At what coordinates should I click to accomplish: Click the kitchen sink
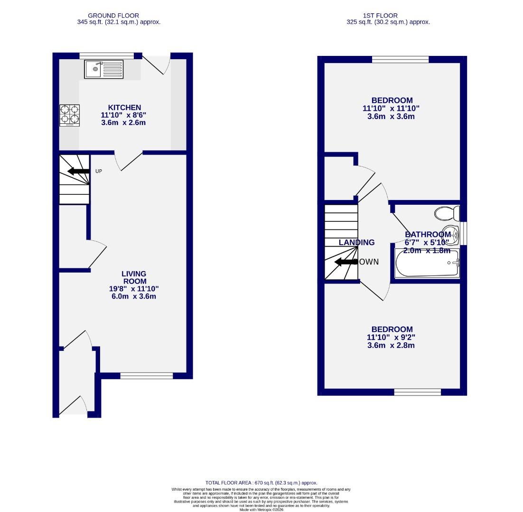pyautogui.click(x=103, y=69)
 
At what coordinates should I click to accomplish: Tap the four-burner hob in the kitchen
pyautogui.click(x=69, y=115)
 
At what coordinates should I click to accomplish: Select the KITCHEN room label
pyautogui.click(x=124, y=108)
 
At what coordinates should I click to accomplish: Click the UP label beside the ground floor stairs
pyautogui.click(x=99, y=171)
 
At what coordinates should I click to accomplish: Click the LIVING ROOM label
pyautogui.click(x=134, y=277)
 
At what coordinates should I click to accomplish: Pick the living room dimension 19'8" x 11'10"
pyautogui.click(x=134, y=289)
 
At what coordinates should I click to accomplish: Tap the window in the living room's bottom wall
pyautogui.click(x=146, y=376)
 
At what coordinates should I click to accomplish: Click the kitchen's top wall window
pyautogui.click(x=107, y=55)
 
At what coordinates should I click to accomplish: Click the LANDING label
pyautogui.click(x=356, y=242)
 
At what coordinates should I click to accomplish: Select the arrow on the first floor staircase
pyautogui.click(x=346, y=262)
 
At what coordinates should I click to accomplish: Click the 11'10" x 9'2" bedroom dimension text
pyautogui.click(x=392, y=338)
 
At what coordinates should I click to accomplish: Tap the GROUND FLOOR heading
pyautogui.click(x=113, y=16)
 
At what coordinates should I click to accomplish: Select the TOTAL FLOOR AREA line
pyautogui.click(x=261, y=483)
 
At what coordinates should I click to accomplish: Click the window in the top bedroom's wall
pyautogui.click(x=400, y=59)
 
